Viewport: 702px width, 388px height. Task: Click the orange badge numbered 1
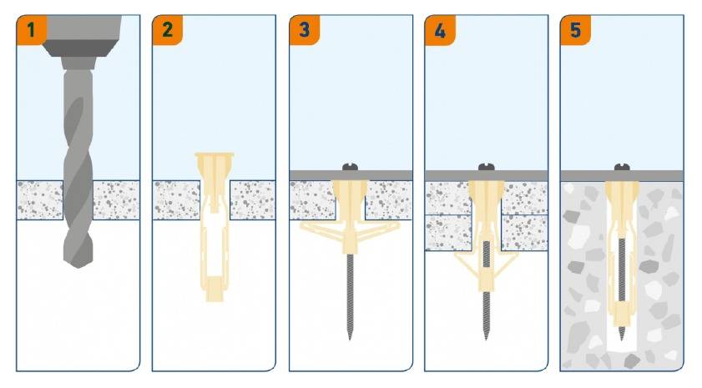coord(30,30)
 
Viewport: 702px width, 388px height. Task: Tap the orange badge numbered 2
coord(167,30)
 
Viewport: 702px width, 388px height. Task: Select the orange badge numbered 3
coord(304,30)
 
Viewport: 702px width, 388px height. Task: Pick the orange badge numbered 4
coord(440,30)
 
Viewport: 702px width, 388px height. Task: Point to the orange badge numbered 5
coord(575,30)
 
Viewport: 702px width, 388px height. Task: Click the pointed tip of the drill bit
coord(78,267)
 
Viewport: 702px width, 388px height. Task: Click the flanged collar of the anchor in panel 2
coord(215,156)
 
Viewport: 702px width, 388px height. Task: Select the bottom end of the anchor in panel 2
coord(214,297)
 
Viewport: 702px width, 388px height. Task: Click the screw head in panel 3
coord(351,167)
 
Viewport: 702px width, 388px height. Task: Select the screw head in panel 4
coord(486,167)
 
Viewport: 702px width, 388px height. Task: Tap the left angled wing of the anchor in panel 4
coord(467,264)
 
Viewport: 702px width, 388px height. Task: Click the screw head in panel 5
coord(622,167)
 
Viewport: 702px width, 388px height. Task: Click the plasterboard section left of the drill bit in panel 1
coord(40,200)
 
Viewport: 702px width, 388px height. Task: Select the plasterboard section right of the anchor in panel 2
coord(253,200)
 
